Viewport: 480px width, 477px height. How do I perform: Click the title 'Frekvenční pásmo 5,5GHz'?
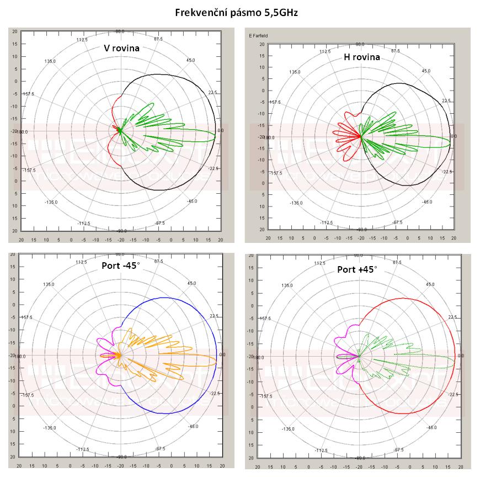pyautogui.click(x=236, y=12)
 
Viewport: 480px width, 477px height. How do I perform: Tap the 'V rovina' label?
pyautogui.click(x=122, y=48)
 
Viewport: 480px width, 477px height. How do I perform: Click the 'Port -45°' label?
pyautogui.click(x=121, y=265)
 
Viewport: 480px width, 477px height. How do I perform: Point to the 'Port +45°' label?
pyautogui.click(x=358, y=269)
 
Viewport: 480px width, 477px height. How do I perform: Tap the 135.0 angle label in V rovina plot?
pyautogui.click(x=51, y=61)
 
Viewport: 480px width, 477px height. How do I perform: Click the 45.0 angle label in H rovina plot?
pyautogui.click(x=426, y=71)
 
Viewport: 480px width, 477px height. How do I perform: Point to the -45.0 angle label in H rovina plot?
pyautogui.click(x=426, y=202)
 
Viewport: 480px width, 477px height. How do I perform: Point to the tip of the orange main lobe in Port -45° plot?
pyautogui.click(x=216, y=359)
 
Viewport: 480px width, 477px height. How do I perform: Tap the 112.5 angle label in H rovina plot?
pyautogui.click(x=324, y=51)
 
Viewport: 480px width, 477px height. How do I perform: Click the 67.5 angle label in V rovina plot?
pyautogui.click(x=158, y=39)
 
